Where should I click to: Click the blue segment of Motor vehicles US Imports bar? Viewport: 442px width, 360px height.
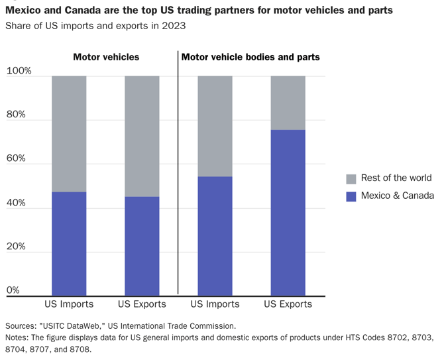[x=69, y=243]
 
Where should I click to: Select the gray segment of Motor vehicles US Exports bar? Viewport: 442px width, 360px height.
[x=142, y=136]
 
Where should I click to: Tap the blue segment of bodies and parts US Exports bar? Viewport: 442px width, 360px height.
[x=288, y=212]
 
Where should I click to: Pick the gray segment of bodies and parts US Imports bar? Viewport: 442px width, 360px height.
[x=215, y=126]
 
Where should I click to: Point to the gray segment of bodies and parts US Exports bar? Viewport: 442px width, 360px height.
[x=288, y=103]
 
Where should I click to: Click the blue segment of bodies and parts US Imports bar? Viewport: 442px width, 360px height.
[x=215, y=235]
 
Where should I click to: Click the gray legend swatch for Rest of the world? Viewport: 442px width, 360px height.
[x=351, y=179]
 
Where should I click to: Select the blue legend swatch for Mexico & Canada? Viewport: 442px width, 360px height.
[x=351, y=196]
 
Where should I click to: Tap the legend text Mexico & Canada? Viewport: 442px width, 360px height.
[x=397, y=196]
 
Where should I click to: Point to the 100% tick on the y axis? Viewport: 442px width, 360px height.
[x=19, y=71]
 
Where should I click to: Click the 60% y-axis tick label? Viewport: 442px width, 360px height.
[x=16, y=158]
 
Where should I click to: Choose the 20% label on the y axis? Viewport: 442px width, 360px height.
[x=16, y=247]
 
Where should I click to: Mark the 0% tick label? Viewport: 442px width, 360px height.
[x=13, y=290]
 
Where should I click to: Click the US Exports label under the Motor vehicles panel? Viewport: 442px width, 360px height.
[x=142, y=304]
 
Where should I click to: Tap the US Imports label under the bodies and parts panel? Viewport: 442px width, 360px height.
[x=215, y=304]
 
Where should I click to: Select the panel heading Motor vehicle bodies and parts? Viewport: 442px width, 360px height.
[x=250, y=57]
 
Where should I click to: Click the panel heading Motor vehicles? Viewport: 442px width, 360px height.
[x=106, y=57]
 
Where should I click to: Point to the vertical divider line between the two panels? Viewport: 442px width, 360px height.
[x=178, y=172]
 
